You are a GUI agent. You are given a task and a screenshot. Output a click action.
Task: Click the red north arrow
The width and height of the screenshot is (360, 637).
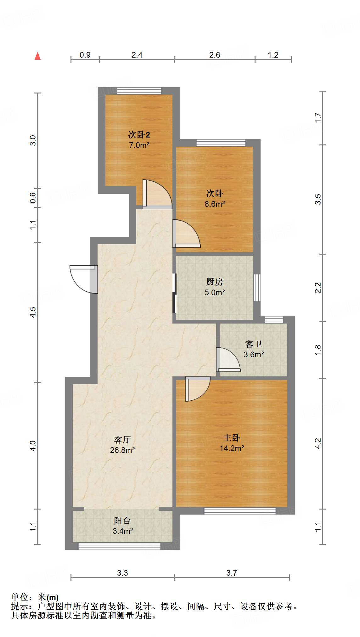38,56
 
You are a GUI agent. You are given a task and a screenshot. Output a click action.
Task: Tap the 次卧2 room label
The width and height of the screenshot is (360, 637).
139,135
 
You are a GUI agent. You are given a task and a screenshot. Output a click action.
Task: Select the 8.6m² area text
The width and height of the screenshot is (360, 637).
215,204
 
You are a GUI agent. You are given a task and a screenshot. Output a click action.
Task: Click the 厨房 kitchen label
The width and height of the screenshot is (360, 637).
215,282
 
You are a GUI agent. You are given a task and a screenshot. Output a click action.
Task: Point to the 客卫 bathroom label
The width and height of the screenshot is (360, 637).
254,344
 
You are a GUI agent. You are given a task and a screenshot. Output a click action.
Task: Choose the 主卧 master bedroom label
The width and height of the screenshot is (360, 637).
232,438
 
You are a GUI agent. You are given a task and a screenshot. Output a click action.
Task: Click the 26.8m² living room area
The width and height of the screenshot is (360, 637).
122,450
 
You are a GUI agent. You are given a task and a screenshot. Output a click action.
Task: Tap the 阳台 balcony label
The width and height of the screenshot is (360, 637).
122,521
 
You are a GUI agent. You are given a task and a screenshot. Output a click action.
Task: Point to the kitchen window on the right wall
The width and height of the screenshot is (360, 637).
257,288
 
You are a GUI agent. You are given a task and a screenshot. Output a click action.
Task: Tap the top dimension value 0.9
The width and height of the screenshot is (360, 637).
85,55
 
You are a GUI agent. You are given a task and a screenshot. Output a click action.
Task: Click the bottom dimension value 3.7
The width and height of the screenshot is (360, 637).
232,573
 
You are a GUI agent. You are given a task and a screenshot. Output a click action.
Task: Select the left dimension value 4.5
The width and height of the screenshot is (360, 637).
33,312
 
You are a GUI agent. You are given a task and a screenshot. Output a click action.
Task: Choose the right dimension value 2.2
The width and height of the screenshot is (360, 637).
318,288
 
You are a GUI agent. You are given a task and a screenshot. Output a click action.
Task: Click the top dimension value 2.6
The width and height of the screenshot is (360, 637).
215,55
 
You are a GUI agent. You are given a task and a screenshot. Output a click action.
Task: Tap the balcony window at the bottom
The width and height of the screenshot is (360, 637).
120,546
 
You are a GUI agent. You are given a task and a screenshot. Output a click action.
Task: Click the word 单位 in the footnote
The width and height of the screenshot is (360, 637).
20,597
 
